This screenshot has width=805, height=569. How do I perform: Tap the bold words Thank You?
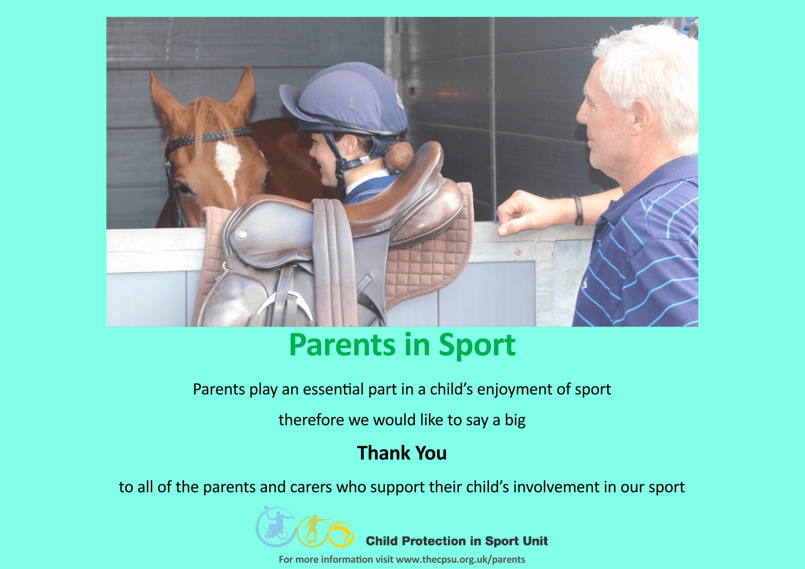[402, 453]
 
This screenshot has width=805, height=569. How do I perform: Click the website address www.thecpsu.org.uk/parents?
[460, 559]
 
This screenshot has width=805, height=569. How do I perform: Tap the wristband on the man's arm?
[578, 210]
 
